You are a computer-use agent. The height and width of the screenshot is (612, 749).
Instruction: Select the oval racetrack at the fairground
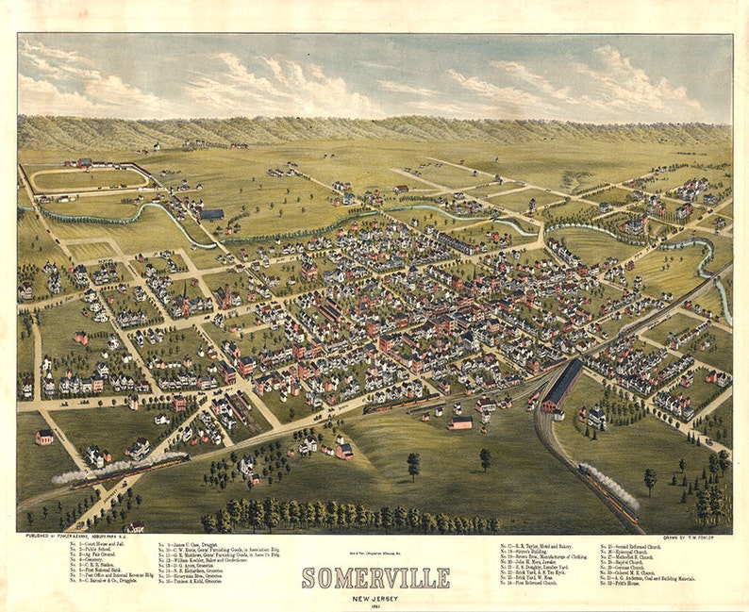click(x=90, y=178)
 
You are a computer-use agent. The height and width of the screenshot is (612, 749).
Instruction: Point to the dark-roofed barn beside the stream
click(x=211, y=214)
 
